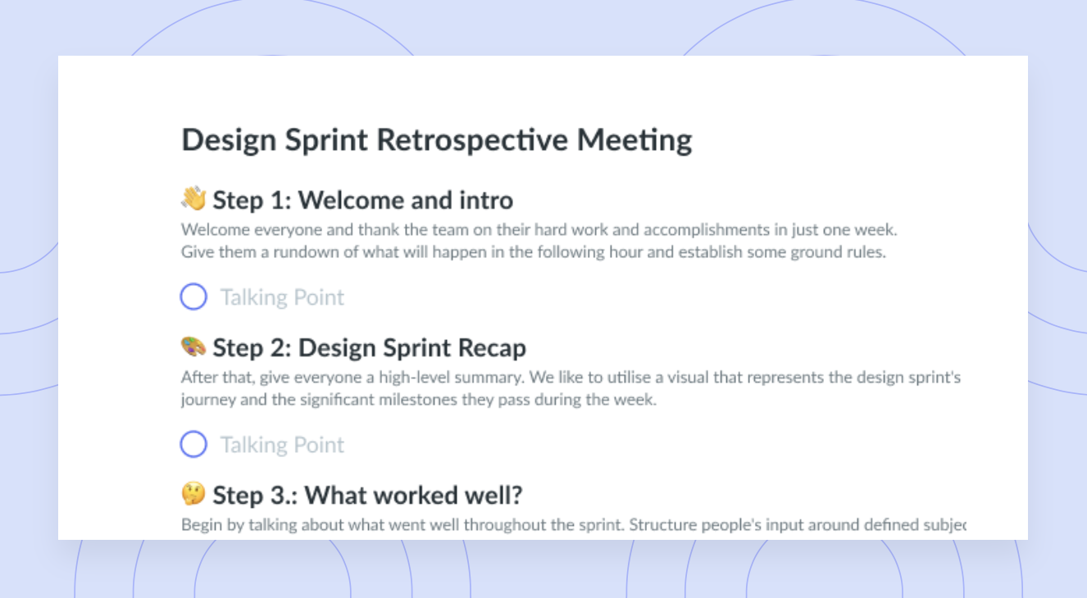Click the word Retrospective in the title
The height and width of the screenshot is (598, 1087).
(x=472, y=140)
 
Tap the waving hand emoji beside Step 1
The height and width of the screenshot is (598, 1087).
(x=193, y=198)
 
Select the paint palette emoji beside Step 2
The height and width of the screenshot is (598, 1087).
(x=193, y=347)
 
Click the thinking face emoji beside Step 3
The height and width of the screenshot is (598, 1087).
(x=193, y=494)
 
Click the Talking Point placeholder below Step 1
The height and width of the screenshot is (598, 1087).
(x=283, y=297)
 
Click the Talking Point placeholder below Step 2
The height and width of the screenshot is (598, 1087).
(x=283, y=445)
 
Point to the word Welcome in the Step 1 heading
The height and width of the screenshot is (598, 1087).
(x=350, y=201)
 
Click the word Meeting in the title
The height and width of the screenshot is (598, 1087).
(x=634, y=141)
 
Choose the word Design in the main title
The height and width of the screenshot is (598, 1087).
(x=230, y=141)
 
